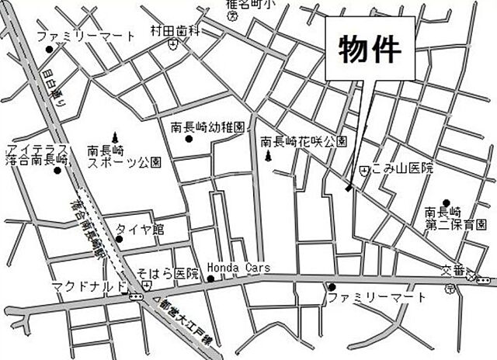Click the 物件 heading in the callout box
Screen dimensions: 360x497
point(370,49)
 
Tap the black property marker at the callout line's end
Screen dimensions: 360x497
point(349,187)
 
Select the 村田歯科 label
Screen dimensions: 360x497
point(176,31)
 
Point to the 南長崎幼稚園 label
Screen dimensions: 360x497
point(207,126)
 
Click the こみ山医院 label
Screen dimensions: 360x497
point(401,168)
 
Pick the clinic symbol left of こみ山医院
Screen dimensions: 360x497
point(364,168)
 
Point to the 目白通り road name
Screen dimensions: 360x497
point(55,85)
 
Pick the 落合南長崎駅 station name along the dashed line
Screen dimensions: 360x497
point(89,226)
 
